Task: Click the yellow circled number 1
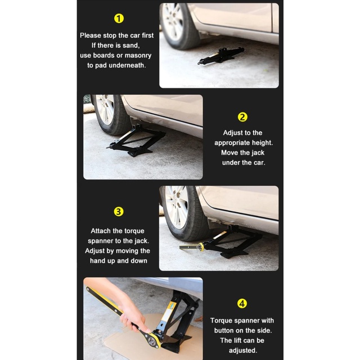tap(119, 19)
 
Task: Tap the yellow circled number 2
tap(242, 117)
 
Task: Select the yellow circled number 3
tap(119, 211)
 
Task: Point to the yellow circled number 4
tap(242, 304)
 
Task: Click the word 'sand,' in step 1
tap(131, 46)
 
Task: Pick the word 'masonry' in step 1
tap(138, 56)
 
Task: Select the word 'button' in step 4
tap(224, 330)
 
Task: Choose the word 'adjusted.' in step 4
tap(243, 350)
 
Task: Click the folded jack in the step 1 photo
tap(220, 56)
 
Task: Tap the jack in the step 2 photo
tap(136, 141)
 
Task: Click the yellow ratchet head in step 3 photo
tap(201, 246)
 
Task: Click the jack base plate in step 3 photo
tap(234, 254)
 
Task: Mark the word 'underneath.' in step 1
tap(127, 65)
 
